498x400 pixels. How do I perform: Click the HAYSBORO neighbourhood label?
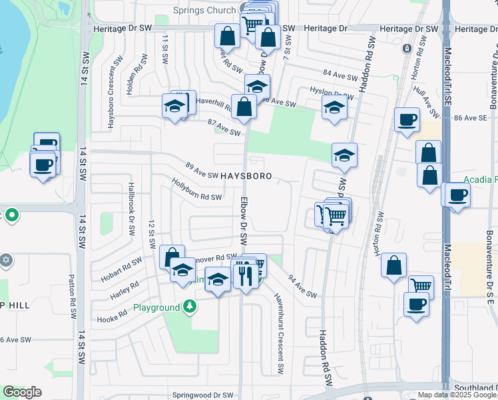pos(246,176)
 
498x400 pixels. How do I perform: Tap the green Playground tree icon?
pos(191,307)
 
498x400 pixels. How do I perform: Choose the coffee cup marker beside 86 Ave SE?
pos(406,120)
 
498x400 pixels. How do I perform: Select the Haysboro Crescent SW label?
pos(111,91)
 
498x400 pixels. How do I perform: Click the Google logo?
pos(22,392)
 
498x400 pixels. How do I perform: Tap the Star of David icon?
pos(6,259)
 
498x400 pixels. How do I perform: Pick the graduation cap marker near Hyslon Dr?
pos(334,107)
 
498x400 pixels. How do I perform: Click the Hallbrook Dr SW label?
pos(132,210)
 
